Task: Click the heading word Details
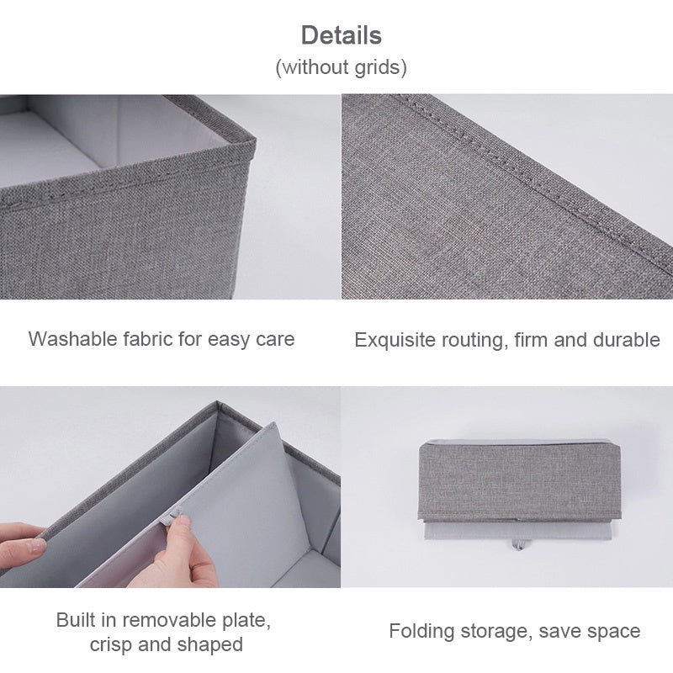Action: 341,35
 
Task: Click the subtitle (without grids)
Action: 341,67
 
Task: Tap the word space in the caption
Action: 613,631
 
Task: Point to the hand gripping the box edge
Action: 21,547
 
